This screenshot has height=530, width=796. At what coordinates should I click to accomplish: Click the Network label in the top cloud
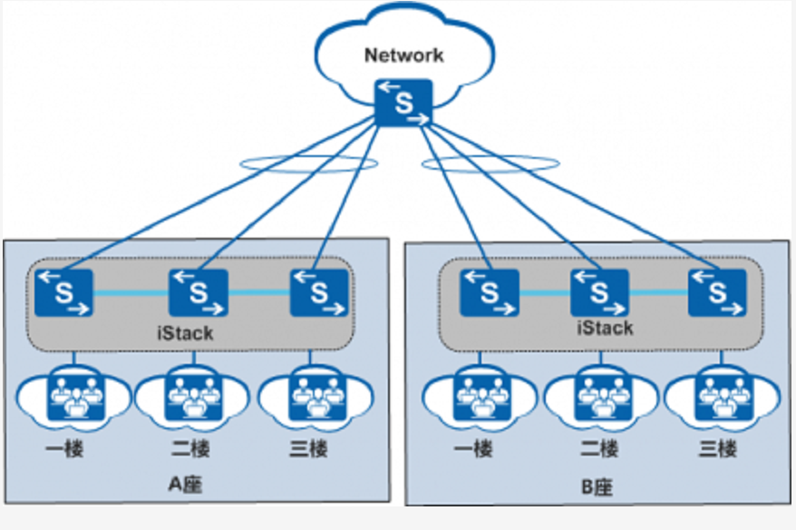click(x=404, y=54)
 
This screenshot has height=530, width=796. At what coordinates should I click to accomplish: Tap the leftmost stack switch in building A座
click(x=66, y=292)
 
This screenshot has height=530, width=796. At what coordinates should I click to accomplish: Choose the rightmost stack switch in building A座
click(x=319, y=292)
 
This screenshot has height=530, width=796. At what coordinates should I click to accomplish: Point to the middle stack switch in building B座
click(x=599, y=292)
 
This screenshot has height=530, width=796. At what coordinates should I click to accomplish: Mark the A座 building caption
click(x=185, y=484)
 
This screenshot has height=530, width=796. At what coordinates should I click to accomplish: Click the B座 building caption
click(x=597, y=487)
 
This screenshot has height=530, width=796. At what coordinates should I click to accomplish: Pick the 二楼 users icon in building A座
click(x=190, y=396)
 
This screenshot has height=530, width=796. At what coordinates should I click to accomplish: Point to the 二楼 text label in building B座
click(x=598, y=448)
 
